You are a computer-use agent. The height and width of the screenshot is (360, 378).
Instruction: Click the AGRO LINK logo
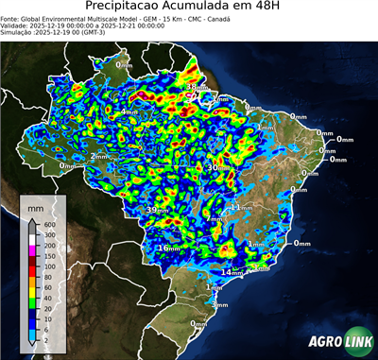336,341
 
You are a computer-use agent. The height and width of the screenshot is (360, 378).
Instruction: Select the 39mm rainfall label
155,210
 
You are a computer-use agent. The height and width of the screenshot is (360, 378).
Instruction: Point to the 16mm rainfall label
168,248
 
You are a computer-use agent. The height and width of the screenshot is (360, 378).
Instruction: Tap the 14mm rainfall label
231,272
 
